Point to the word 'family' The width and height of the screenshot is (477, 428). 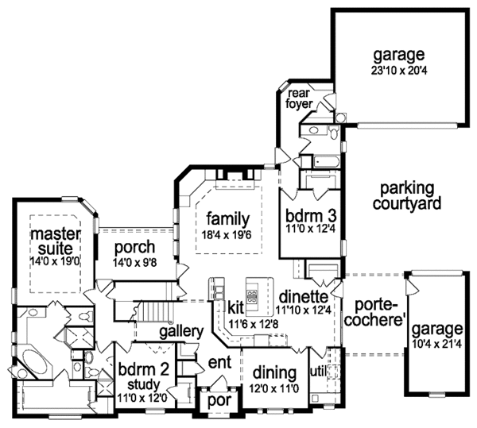click(228, 218)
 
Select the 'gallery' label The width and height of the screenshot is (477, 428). click(180, 330)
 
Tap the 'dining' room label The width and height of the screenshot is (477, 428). click(274, 372)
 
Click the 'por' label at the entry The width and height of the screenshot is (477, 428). click(217, 400)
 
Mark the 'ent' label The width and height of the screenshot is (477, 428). click(219, 364)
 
